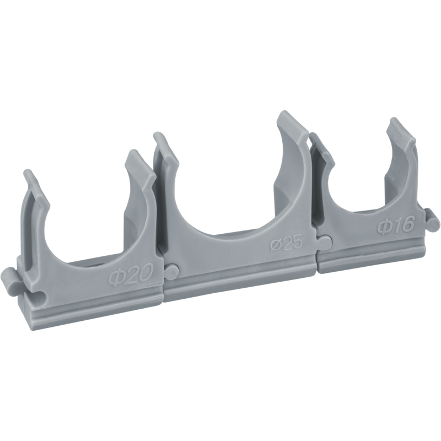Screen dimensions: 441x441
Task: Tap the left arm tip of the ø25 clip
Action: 159,136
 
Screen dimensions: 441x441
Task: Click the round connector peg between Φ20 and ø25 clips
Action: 171,271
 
